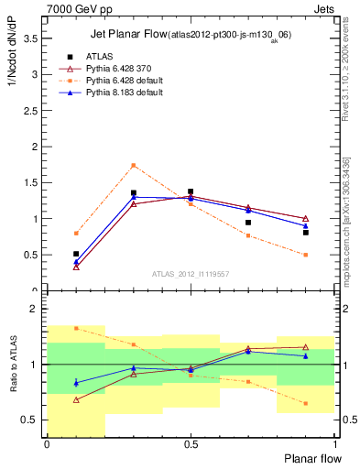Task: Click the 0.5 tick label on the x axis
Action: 191,444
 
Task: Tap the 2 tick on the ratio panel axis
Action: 37,309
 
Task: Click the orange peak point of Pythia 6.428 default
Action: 134,166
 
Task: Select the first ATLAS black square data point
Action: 76,254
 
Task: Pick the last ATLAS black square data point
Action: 306,233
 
